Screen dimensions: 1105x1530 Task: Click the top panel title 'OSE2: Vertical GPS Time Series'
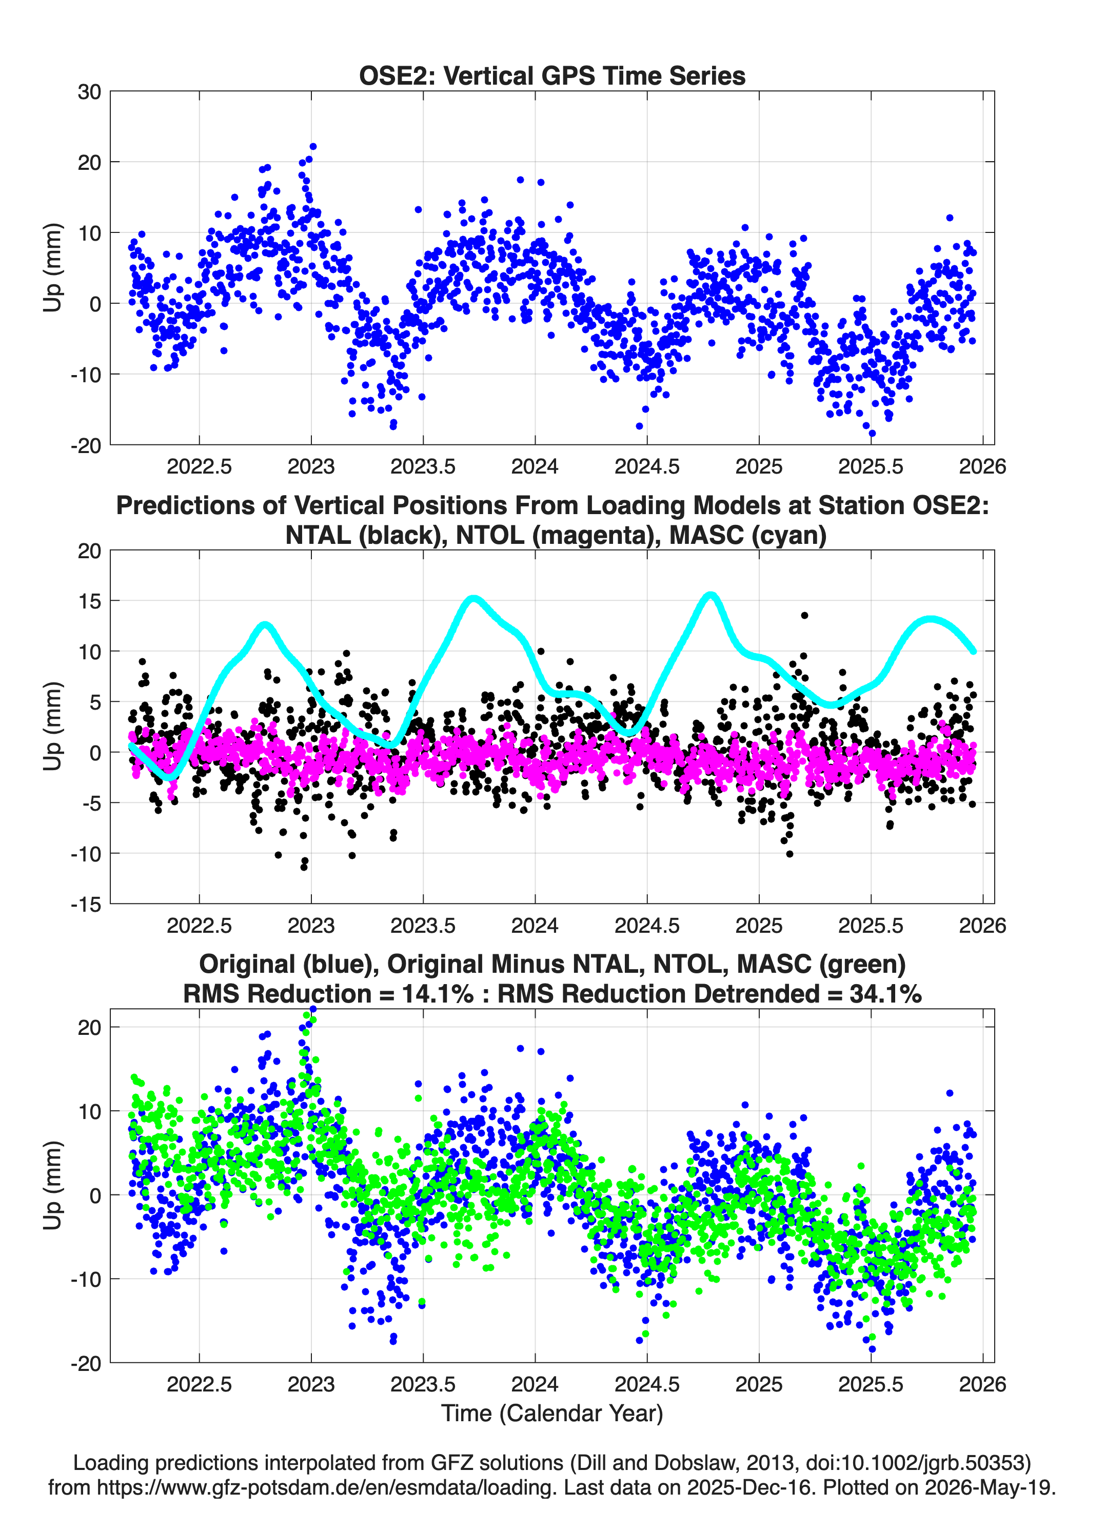click(x=552, y=75)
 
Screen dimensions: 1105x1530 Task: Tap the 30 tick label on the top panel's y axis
click(x=89, y=92)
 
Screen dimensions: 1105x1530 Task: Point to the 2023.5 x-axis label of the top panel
click(x=423, y=466)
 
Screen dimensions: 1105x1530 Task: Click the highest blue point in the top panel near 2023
click(x=313, y=146)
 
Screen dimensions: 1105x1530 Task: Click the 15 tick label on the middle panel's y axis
click(x=89, y=600)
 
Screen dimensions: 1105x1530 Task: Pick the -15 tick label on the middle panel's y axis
click(x=86, y=904)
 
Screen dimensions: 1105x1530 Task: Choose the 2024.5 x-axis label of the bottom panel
click(x=647, y=1384)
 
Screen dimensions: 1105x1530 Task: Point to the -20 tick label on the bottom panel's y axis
click(x=86, y=1363)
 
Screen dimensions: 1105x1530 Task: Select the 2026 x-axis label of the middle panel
click(x=982, y=926)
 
